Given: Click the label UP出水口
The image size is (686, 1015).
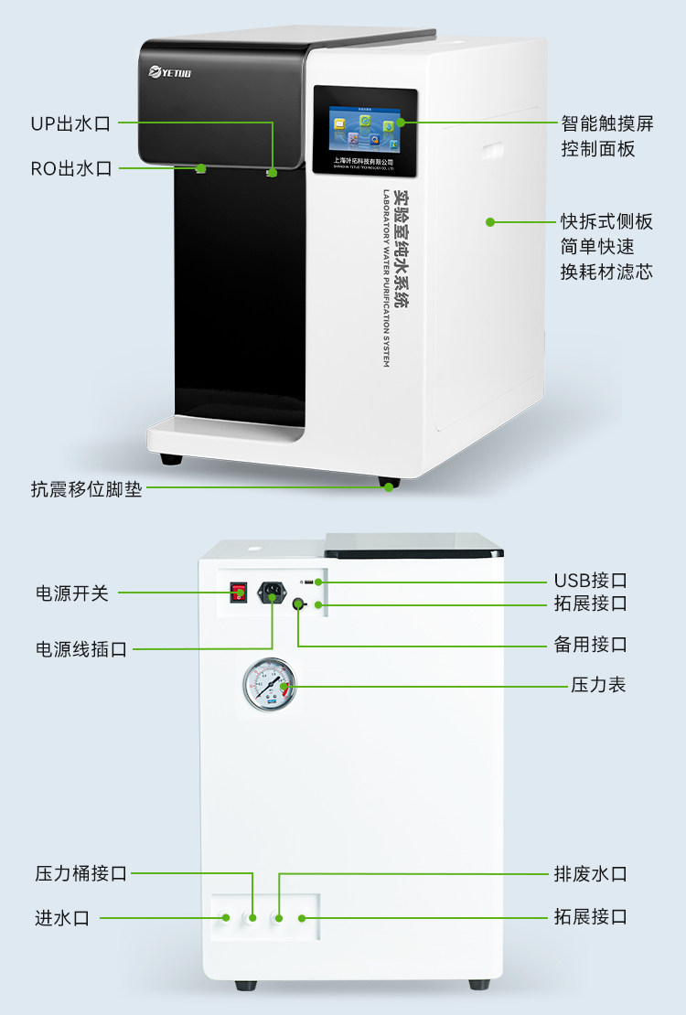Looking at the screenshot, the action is (x=70, y=123).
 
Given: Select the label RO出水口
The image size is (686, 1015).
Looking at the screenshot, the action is (x=70, y=168).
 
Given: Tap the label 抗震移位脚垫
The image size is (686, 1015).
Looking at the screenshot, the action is (x=87, y=488).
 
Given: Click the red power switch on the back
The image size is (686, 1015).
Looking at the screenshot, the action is (x=240, y=593).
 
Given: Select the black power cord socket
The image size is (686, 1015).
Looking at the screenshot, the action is (x=272, y=593).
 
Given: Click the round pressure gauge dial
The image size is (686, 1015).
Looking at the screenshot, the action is (x=270, y=685).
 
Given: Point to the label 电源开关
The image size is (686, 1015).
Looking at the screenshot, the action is (x=72, y=593).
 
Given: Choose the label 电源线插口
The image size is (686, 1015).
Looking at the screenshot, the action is (x=81, y=649).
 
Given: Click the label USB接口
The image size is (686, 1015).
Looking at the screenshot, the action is (x=590, y=581).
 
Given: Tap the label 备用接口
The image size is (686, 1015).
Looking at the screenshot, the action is (x=590, y=645).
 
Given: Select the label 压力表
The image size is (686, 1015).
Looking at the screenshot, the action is (x=599, y=684).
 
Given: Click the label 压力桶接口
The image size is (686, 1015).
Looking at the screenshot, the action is (x=81, y=873).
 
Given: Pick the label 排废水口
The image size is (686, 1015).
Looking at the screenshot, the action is (x=590, y=873).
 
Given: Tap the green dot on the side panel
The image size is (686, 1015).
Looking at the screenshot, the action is (x=490, y=221).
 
